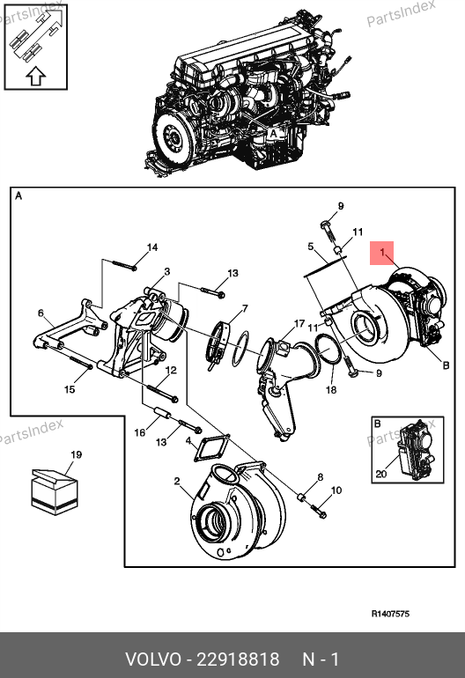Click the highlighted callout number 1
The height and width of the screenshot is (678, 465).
click(x=382, y=252)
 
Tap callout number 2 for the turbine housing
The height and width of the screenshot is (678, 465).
click(x=177, y=482)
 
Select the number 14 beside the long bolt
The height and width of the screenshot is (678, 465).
click(x=152, y=247)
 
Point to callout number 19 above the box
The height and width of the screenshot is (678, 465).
click(x=76, y=454)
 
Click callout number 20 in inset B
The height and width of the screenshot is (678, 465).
click(x=381, y=474)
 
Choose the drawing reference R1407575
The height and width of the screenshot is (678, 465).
click(x=390, y=614)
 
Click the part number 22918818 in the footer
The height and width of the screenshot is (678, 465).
click(x=238, y=660)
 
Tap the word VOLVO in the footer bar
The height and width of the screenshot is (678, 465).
click(x=153, y=660)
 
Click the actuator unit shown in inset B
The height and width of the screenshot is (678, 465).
click(x=415, y=451)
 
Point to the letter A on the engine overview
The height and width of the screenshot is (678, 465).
click(x=273, y=134)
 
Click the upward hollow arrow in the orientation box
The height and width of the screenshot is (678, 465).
click(x=36, y=76)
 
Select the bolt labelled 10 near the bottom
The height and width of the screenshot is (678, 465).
click(x=318, y=511)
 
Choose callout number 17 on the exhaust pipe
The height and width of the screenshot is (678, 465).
click(x=299, y=323)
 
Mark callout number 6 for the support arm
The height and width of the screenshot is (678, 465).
click(x=41, y=313)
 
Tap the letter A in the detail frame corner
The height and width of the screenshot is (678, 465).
click(x=18, y=196)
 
